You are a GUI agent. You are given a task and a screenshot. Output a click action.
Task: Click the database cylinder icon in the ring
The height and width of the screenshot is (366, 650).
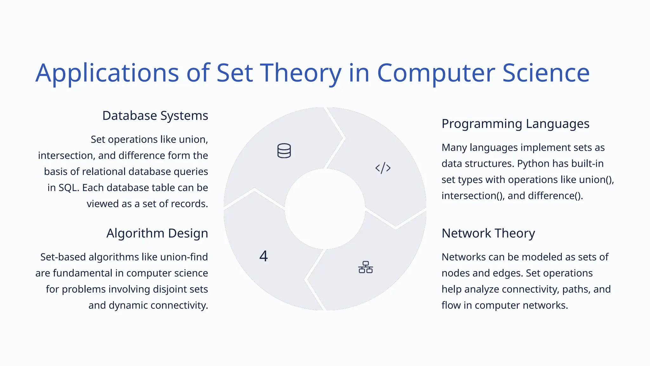284,151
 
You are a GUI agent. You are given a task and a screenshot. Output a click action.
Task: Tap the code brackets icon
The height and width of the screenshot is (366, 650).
383,168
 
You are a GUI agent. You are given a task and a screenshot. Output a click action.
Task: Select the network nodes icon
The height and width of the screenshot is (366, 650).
365,267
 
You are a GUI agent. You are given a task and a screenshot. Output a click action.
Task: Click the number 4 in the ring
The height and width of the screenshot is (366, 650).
263,256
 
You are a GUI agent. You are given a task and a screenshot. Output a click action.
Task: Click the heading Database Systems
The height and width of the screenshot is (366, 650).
155,116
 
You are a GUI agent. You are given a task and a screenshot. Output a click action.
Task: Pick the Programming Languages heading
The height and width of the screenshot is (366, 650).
515,124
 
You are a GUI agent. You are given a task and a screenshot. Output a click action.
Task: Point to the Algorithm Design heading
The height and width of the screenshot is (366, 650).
157,233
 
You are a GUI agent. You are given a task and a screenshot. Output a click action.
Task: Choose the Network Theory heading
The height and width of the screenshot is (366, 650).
488,233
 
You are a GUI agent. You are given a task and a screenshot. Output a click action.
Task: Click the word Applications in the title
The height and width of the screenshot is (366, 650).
107,73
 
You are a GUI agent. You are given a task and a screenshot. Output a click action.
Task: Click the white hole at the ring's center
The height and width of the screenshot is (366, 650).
325,209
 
